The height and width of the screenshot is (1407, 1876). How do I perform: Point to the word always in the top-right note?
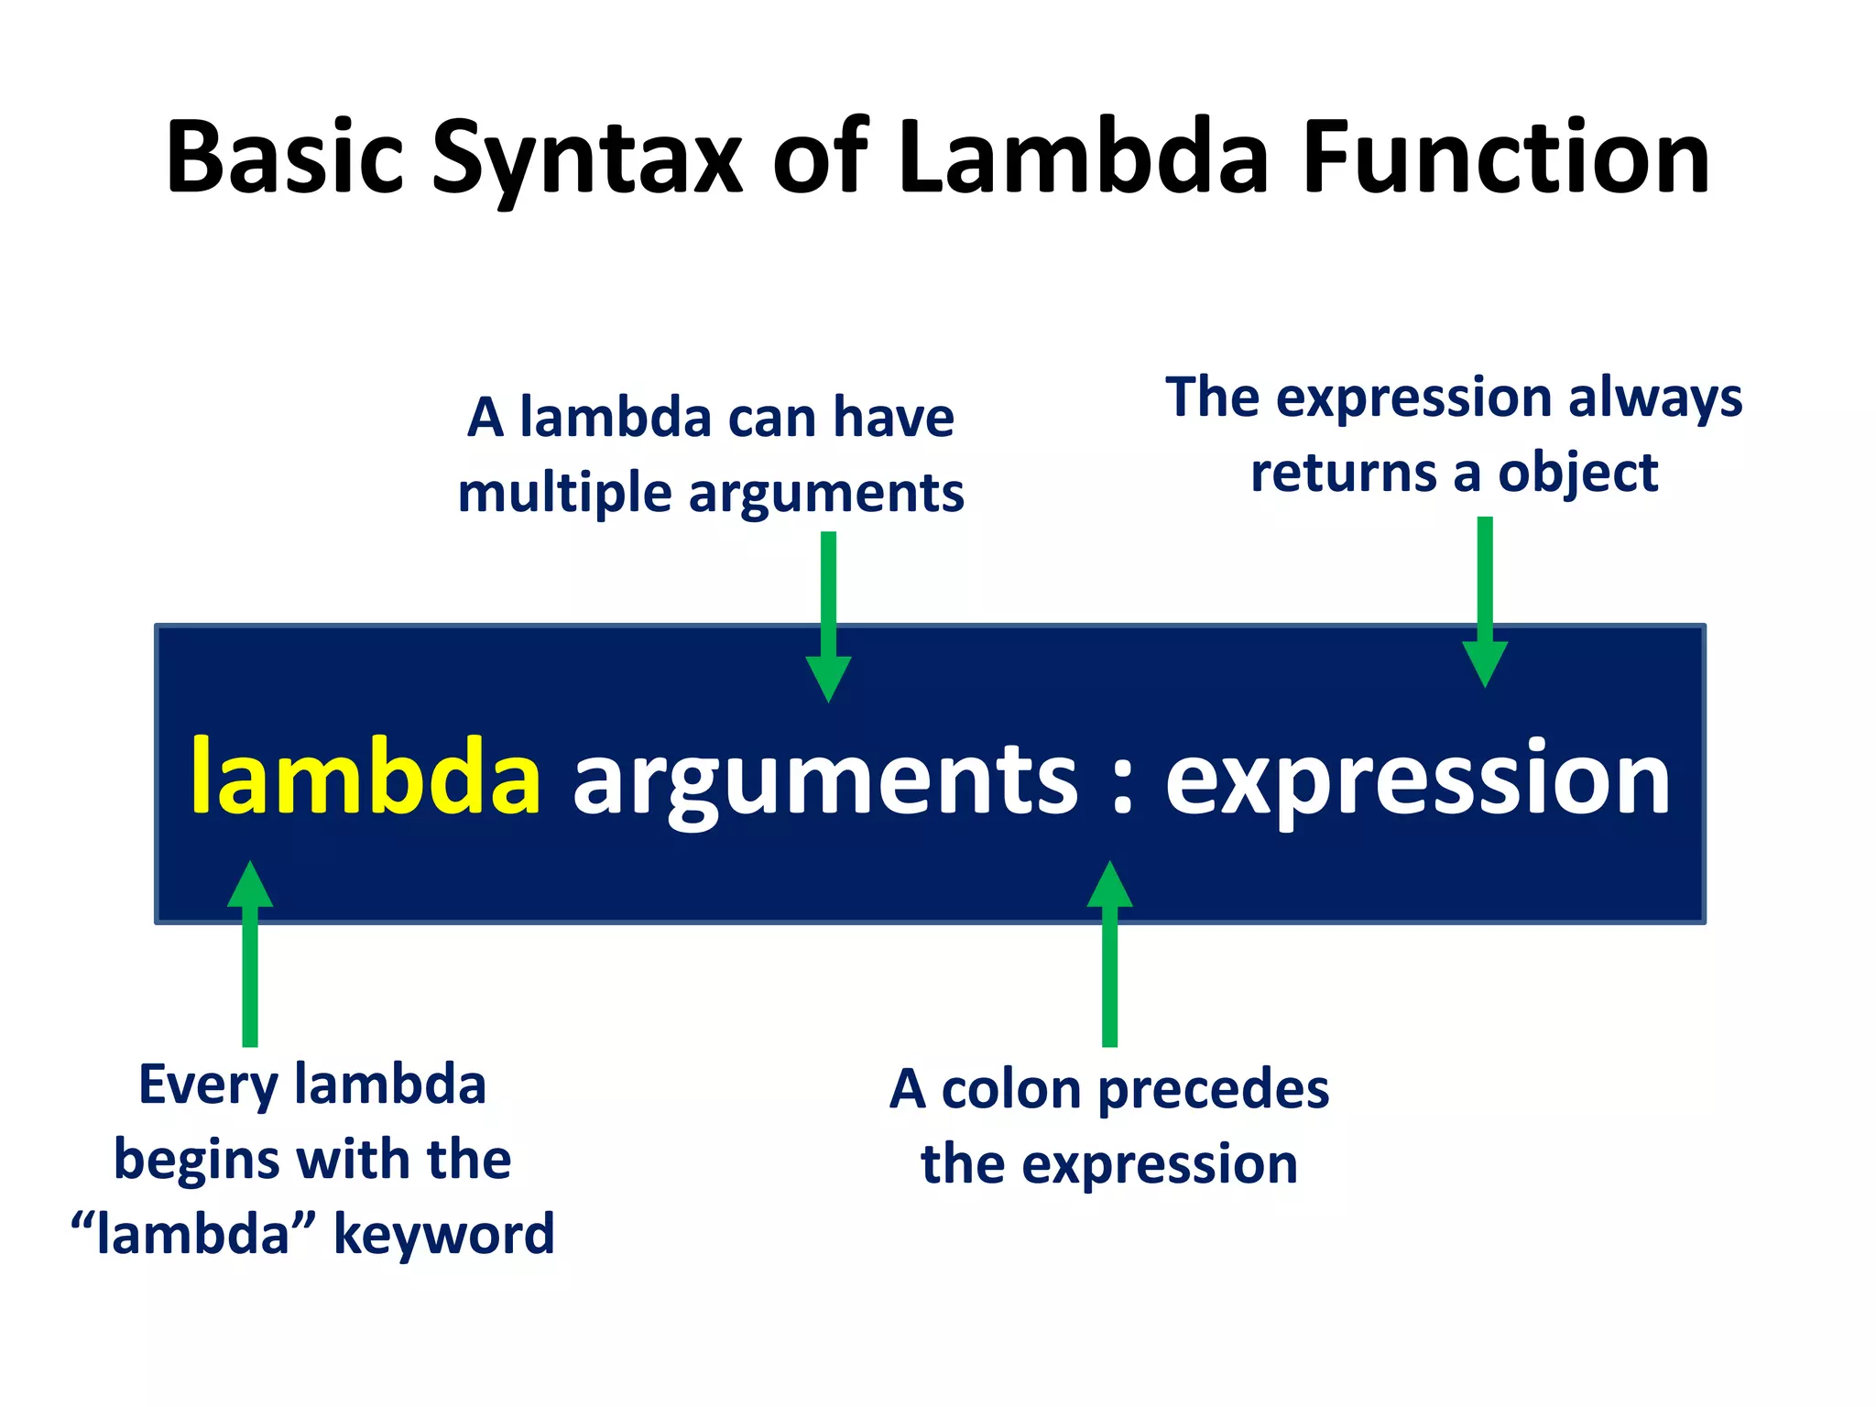point(1654,399)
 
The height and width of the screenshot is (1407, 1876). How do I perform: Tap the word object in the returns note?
point(1577,474)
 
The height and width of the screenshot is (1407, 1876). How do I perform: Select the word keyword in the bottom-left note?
point(443,1235)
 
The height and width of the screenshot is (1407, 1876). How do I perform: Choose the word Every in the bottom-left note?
point(208,1086)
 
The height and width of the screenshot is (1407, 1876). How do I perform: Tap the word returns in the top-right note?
point(1343,474)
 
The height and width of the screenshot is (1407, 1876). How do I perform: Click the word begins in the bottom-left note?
point(196,1162)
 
